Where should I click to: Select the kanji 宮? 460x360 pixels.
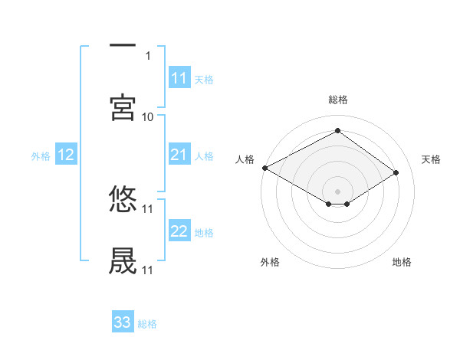pyautogui.click(x=123, y=108)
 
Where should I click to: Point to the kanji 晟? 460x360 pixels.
pyautogui.click(x=123, y=260)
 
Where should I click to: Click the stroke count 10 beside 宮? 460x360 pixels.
pyautogui.click(x=148, y=116)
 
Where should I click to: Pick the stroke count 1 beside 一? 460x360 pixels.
pyautogui.click(x=148, y=55)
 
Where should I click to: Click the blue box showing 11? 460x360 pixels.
pyautogui.click(x=179, y=78)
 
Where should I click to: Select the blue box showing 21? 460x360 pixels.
pyautogui.click(x=179, y=155)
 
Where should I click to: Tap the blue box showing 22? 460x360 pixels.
pyautogui.click(x=179, y=232)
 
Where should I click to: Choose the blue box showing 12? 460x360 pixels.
pyautogui.click(x=66, y=155)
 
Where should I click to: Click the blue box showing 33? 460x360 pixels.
pyautogui.click(x=123, y=322)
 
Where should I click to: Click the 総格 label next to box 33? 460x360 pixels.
pyautogui.click(x=148, y=324)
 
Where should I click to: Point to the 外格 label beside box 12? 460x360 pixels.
pyautogui.click(x=41, y=156)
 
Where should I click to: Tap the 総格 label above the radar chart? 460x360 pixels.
pyautogui.click(x=338, y=100)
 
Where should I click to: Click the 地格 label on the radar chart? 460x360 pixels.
pyautogui.click(x=402, y=262)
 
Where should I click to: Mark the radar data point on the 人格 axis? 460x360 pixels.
pyautogui.click(x=264, y=168)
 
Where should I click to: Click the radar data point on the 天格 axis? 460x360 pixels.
pyautogui.click(x=396, y=172)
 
